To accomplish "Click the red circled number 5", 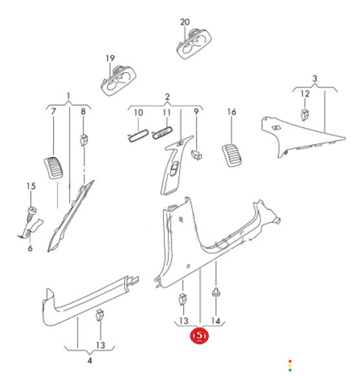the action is [199, 336].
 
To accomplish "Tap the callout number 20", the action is [185, 22].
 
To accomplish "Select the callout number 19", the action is [110, 58].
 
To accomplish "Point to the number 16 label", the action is [231, 112].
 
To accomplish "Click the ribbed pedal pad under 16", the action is [232, 155].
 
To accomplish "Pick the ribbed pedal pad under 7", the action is [54, 168].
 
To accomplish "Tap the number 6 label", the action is [30, 248].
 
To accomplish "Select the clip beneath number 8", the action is [83, 140].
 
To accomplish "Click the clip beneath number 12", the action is [304, 115].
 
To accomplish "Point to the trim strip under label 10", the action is [138, 135].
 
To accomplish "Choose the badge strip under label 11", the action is [162, 133].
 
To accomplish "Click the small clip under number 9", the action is [196, 155].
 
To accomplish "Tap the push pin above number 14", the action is [216, 293].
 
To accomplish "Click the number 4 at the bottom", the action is [90, 360].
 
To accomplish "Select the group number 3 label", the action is [315, 78].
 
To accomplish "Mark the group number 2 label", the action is [167, 96].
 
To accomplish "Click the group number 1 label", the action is [69, 96].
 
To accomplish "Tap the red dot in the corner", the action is [290, 361].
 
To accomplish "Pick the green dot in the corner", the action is [290, 370].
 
